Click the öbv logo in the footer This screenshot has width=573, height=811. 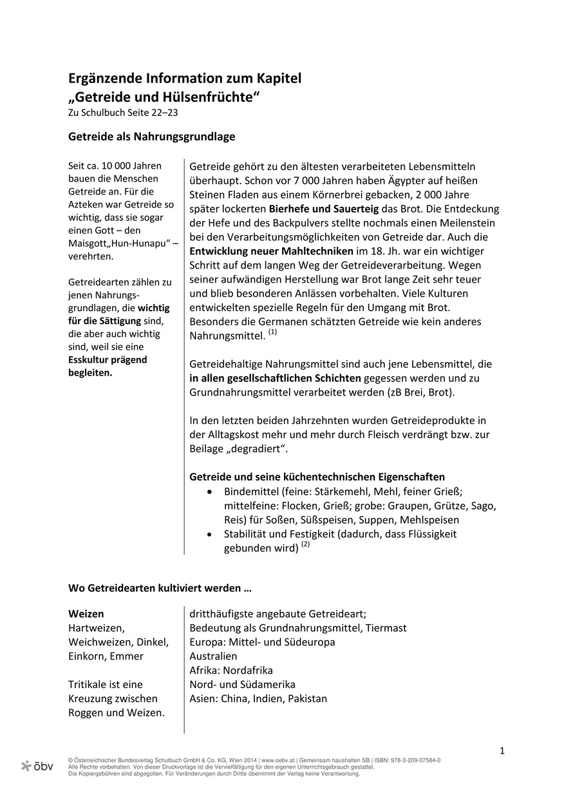[37, 766]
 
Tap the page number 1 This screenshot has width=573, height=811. [502, 751]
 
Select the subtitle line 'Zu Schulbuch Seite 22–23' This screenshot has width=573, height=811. [123, 113]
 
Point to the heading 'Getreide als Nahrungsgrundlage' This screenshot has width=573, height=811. [152, 137]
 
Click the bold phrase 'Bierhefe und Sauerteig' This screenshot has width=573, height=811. [324, 209]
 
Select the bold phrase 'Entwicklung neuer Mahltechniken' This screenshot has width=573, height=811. [271, 251]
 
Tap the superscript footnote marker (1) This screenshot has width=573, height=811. [273, 332]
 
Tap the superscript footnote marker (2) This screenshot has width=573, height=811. [306, 544]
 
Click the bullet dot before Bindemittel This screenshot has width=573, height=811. [210, 491]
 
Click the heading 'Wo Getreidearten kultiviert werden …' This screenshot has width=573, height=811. [160, 588]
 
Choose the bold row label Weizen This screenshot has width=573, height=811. [86, 614]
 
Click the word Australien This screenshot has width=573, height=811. [213, 656]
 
